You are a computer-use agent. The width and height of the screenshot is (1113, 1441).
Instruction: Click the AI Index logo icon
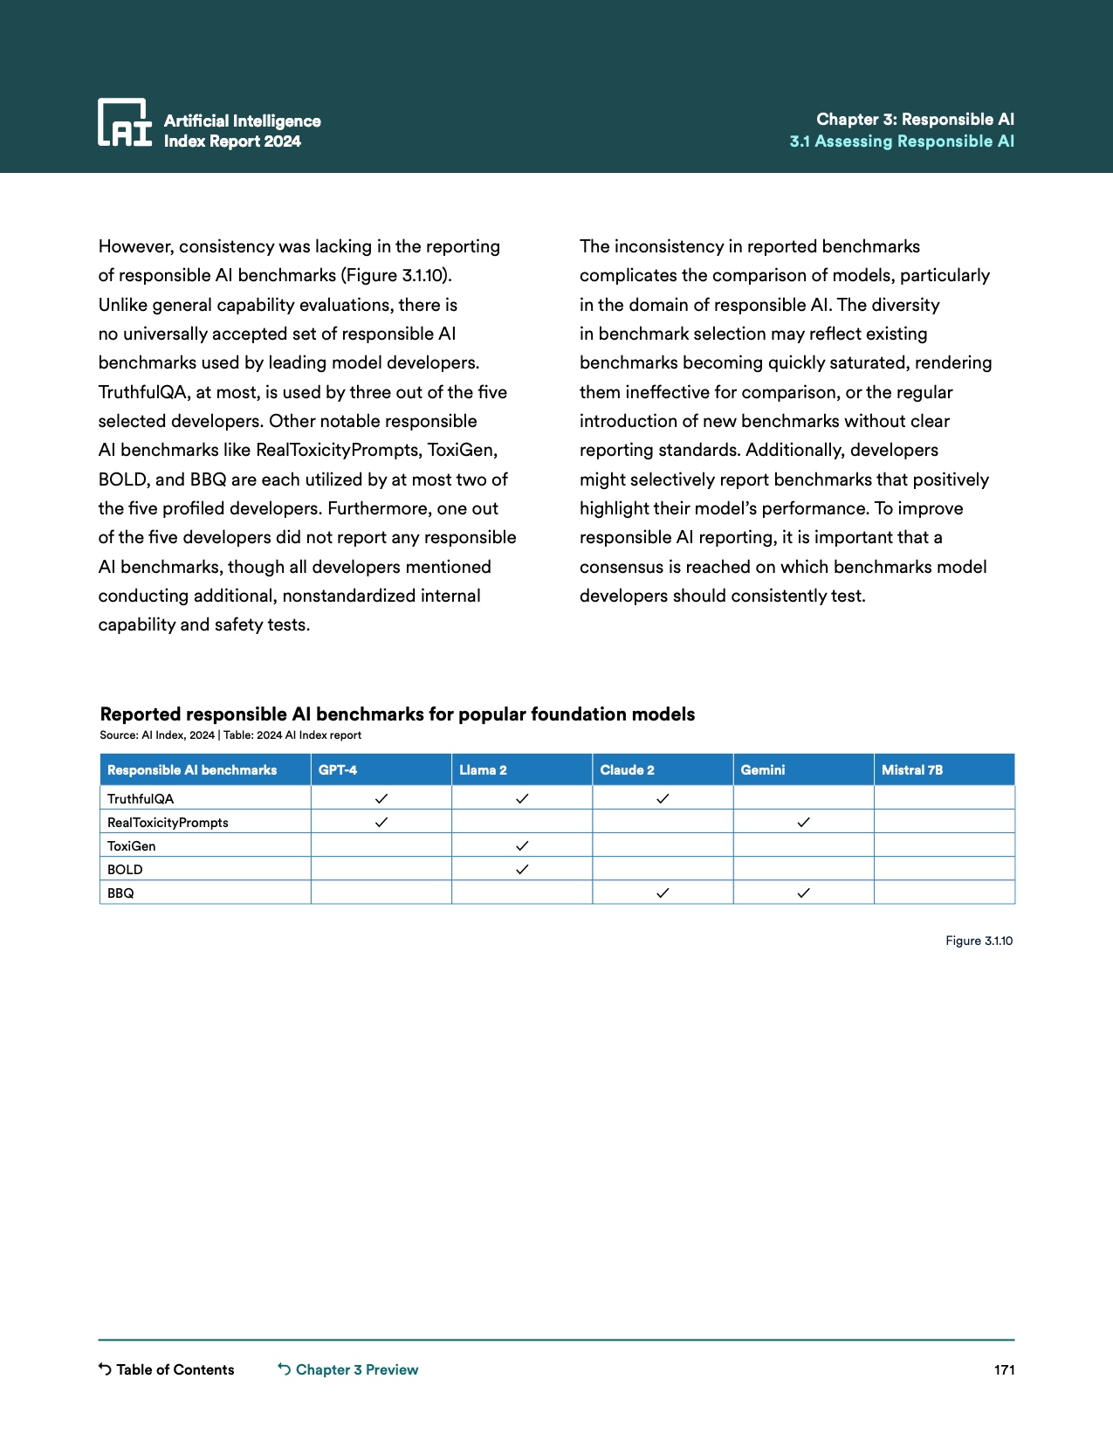[x=124, y=122]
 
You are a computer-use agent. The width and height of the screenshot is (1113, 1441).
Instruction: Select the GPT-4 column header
[x=338, y=770]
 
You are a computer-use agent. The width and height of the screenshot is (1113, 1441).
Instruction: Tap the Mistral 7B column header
[x=912, y=770]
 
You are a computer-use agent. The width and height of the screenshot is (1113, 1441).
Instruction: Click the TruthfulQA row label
[x=141, y=799]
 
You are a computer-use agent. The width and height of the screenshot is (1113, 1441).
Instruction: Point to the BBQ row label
[x=120, y=893]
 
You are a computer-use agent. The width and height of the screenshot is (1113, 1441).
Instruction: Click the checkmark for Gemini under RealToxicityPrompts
[x=803, y=823]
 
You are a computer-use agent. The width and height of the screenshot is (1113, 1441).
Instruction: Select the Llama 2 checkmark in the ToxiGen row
[x=522, y=846]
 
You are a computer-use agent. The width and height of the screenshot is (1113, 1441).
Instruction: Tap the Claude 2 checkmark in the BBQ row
[x=663, y=893]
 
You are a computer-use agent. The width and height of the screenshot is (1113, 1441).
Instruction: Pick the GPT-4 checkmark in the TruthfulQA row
[x=381, y=799]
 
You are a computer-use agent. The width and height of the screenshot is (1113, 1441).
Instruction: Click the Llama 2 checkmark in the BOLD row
[x=522, y=870]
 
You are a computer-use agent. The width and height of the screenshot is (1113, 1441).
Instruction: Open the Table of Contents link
[x=167, y=1369]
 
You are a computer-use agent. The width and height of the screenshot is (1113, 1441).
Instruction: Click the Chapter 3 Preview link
[x=348, y=1369]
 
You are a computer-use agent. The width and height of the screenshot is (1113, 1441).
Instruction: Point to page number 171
[x=1004, y=1369]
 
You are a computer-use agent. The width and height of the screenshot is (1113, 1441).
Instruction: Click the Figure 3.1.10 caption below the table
[x=979, y=941]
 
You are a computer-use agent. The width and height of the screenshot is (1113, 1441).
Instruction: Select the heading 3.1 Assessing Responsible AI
[x=902, y=141]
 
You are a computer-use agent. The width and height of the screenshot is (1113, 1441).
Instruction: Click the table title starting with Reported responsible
[x=397, y=714]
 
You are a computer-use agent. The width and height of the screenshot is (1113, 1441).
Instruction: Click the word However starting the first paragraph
[x=135, y=247]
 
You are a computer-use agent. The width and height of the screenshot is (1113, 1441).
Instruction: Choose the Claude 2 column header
[x=627, y=770]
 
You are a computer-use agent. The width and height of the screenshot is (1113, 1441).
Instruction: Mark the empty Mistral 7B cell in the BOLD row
[x=944, y=870]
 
